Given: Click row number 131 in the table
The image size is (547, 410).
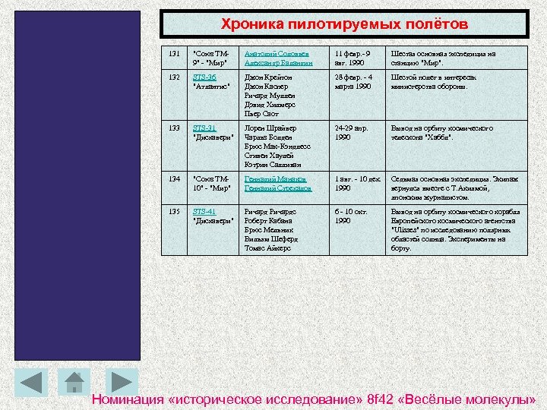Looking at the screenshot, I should point(175,53).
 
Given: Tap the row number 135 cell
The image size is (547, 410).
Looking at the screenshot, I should point(175,211).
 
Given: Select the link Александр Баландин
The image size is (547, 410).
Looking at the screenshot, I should point(279,62).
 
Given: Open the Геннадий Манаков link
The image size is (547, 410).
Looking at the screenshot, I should point(274,178).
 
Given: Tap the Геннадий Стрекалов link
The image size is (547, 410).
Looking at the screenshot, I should point(278,188).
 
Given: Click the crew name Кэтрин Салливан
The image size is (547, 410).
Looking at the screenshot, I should point(273,165).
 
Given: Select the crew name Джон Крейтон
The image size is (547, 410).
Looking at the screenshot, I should point(267,77).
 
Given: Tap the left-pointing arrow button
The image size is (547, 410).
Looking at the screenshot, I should point(31,382).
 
